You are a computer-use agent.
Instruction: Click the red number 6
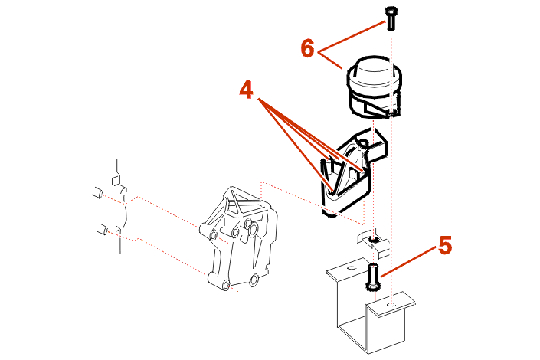[308, 47]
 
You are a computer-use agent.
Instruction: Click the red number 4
[246, 90]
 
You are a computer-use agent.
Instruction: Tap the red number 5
[445, 246]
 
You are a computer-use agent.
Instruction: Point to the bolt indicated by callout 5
[373, 275]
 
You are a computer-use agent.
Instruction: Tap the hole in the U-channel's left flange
[349, 269]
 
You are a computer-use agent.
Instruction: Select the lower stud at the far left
[101, 228]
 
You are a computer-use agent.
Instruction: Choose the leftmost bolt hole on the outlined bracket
[203, 229]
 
